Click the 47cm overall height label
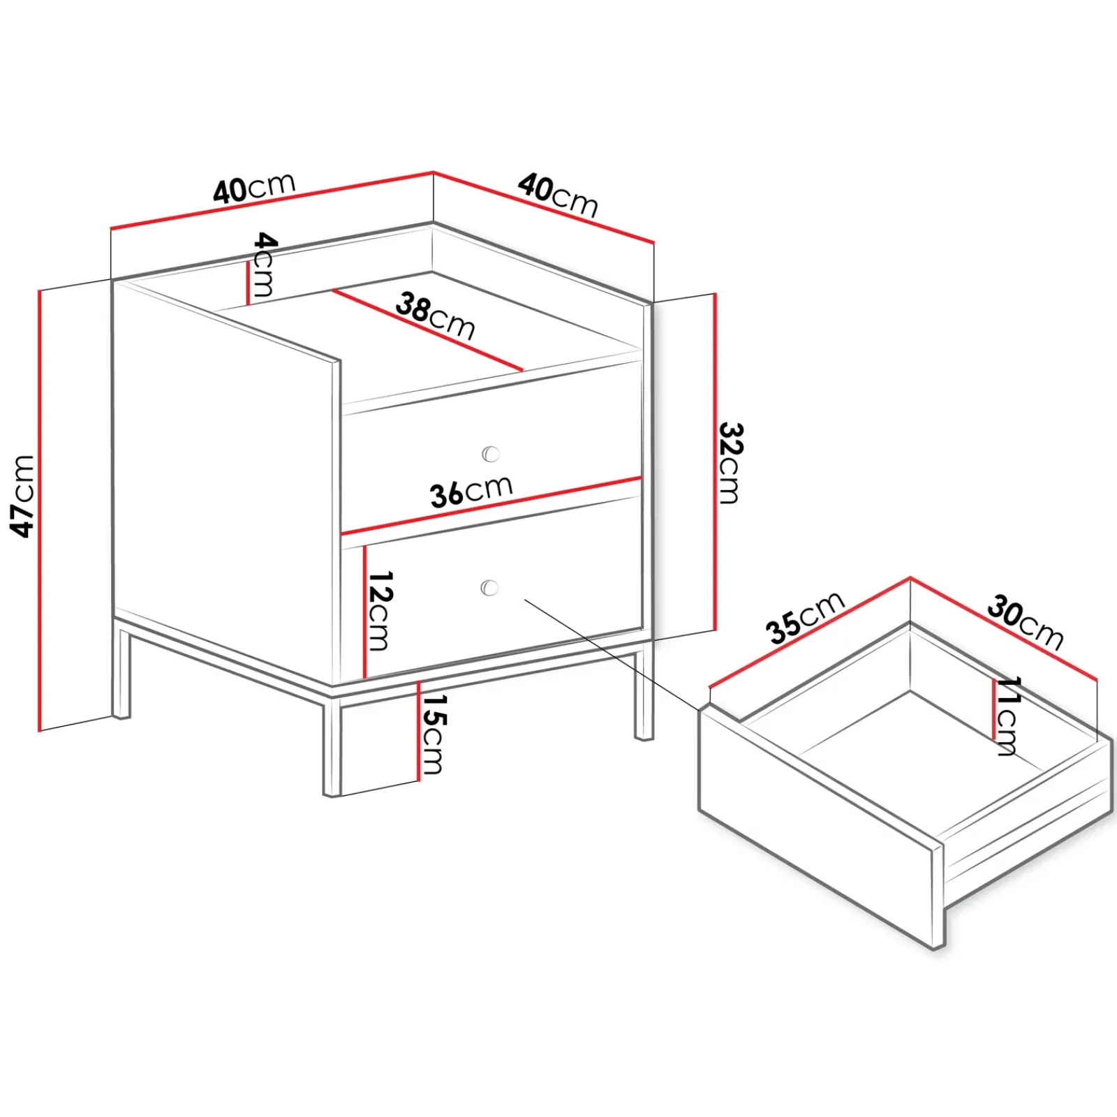[22, 496]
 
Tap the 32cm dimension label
[730, 463]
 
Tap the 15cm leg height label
[434, 734]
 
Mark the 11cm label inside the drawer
[1008, 716]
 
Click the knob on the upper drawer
[491, 454]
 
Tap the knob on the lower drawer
[489, 588]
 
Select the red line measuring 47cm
[40, 510]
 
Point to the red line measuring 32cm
[715, 461]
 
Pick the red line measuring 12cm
[364, 611]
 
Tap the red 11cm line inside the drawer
[993, 709]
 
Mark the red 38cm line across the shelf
[427, 330]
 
